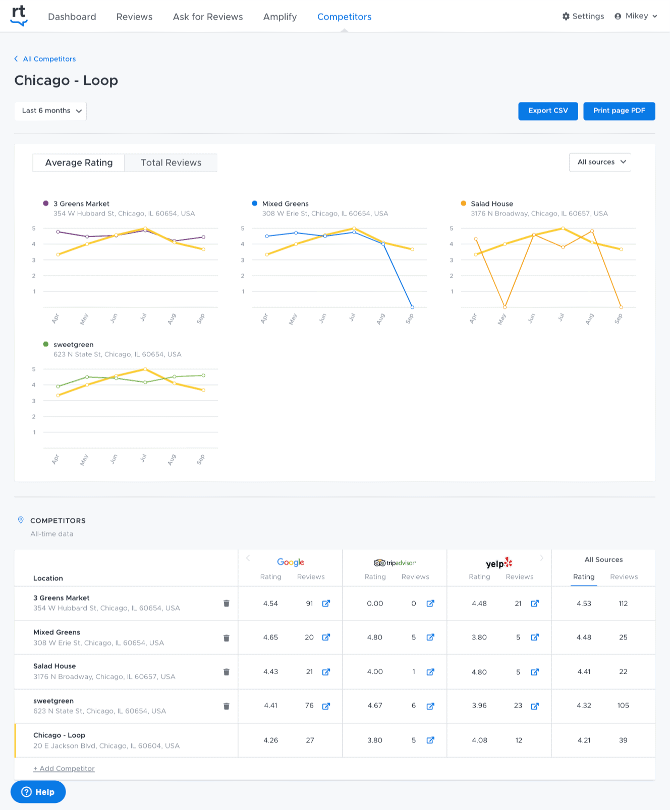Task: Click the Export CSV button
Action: coord(548,111)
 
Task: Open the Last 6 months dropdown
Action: coord(50,111)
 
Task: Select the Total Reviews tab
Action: coord(171,163)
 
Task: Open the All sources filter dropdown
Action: coord(600,162)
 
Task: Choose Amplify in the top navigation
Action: coord(280,17)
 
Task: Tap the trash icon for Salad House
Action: coord(227,672)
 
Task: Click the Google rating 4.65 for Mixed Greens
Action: coord(270,637)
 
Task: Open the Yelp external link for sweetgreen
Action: coord(535,706)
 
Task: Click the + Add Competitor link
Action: coord(64,769)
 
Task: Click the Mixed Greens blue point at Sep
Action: coord(412,307)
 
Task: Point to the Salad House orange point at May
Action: coord(505,307)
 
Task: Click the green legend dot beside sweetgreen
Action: coord(46,344)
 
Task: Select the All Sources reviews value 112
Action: coord(623,604)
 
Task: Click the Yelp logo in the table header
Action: coord(498,563)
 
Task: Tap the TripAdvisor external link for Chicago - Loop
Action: coord(430,740)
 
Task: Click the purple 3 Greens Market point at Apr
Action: coord(58,232)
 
